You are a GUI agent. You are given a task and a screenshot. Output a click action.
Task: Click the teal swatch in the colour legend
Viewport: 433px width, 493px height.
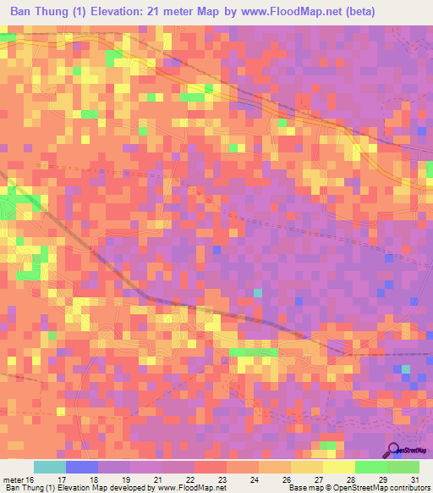(x=50, y=467)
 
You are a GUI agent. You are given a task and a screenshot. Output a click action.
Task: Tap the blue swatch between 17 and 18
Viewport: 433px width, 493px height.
(x=82, y=467)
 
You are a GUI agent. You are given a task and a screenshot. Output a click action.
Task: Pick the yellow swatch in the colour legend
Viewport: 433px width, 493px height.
(x=338, y=467)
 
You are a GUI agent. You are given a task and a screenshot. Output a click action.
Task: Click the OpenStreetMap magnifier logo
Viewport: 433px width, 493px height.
(x=395, y=450)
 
